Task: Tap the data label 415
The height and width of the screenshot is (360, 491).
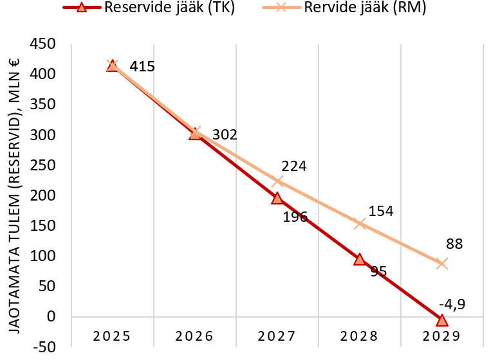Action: click(x=142, y=66)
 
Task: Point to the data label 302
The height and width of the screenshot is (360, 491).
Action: click(x=225, y=135)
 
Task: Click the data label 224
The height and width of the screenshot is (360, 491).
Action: click(x=293, y=166)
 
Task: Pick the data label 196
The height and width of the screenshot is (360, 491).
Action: click(x=295, y=217)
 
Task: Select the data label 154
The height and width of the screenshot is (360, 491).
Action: click(x=380, y=211)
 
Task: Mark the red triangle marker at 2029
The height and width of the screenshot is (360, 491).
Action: click(x=441, y=320)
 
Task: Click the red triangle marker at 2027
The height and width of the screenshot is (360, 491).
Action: click(x=277, y=198)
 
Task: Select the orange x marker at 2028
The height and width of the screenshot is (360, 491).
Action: click(x=360, y=224)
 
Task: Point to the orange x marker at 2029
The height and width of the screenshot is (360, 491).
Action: click(x=441, y=264)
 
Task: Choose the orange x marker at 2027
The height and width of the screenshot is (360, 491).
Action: click(x=277, y=181)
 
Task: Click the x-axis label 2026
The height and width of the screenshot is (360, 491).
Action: click(x=194, y=336)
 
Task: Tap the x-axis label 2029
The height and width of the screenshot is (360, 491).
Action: click(x=441, y=336)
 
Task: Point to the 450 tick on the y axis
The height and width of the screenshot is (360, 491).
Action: click(x=46, y=44)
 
